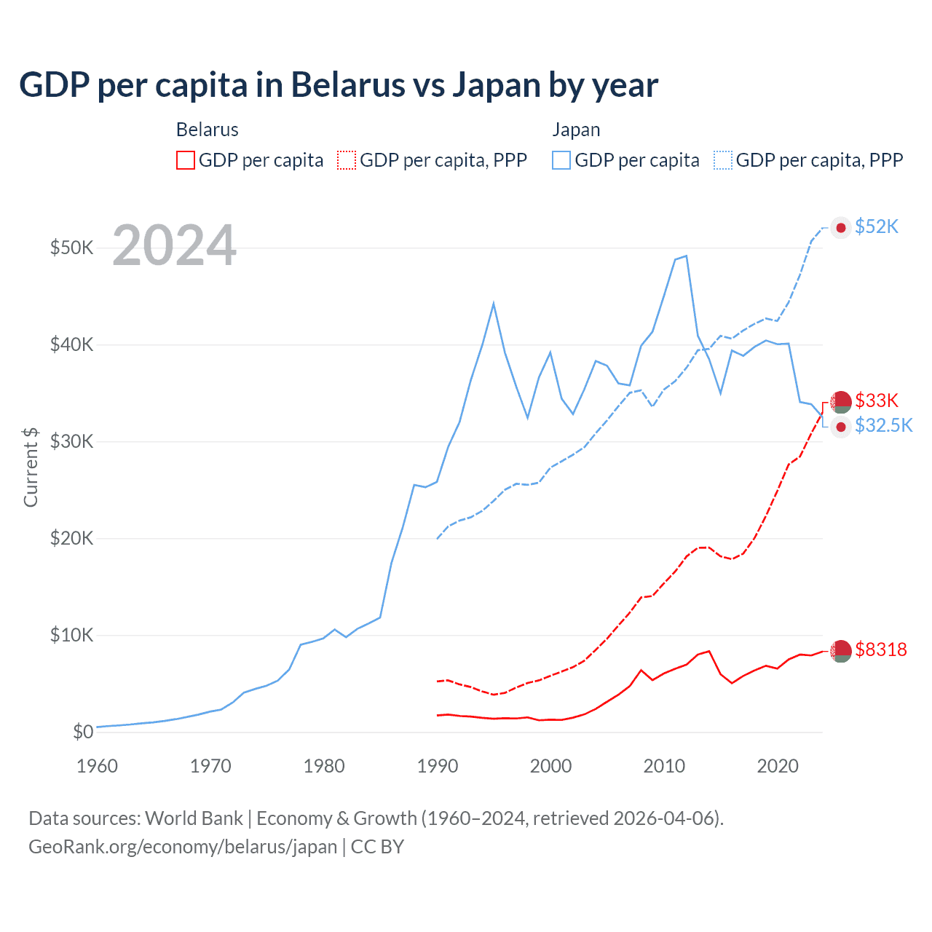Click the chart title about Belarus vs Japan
click(339, 85)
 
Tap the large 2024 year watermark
click(174, 245)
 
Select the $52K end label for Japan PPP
click(877, 227)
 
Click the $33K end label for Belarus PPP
click(877, 400)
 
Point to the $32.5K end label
click(883, 425)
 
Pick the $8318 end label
click(881, 649)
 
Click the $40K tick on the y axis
click(71, 344)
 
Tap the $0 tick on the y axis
click(83, 732)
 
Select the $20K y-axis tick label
click(71, 538)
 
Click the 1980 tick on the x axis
click(324, 766)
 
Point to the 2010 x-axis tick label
click(664, 766)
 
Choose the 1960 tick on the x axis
click(98, 766)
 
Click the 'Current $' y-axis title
click(31, 467)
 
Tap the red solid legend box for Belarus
click(186, 160)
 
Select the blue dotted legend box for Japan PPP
click(723, 160)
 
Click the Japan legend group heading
click(576, 130)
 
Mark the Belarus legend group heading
click(208, 130)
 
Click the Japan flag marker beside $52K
click(841, 228)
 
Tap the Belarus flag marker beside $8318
click(841, 651)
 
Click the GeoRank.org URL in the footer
click(183, 847)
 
